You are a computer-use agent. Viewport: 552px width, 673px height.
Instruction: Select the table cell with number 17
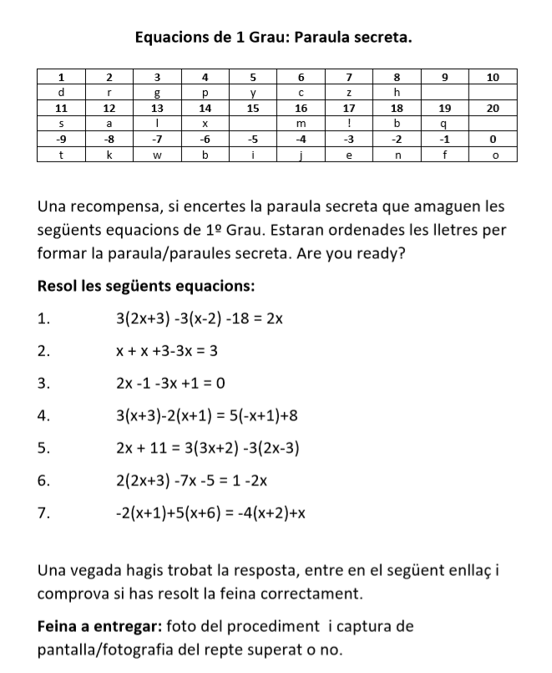click(350, 108)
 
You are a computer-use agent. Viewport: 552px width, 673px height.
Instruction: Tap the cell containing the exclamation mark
click(350, 123)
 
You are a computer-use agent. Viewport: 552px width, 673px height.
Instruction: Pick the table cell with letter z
click(350, 92)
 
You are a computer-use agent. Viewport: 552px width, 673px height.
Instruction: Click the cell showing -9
click(62, 139)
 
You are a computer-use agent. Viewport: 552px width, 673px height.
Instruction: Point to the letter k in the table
click(109, 155)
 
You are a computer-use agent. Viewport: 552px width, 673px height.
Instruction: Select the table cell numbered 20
click(493, 108)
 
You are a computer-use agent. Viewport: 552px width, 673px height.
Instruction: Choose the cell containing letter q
click(445, 123)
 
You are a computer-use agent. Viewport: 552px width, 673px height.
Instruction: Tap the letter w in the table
click(157, 155)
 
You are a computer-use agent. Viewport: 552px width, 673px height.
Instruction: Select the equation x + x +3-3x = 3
click(167, 350)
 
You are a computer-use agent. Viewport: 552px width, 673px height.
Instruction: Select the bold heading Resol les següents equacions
click(146, 286)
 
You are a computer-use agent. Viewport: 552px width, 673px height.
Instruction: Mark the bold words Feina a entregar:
click(100, 626)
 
